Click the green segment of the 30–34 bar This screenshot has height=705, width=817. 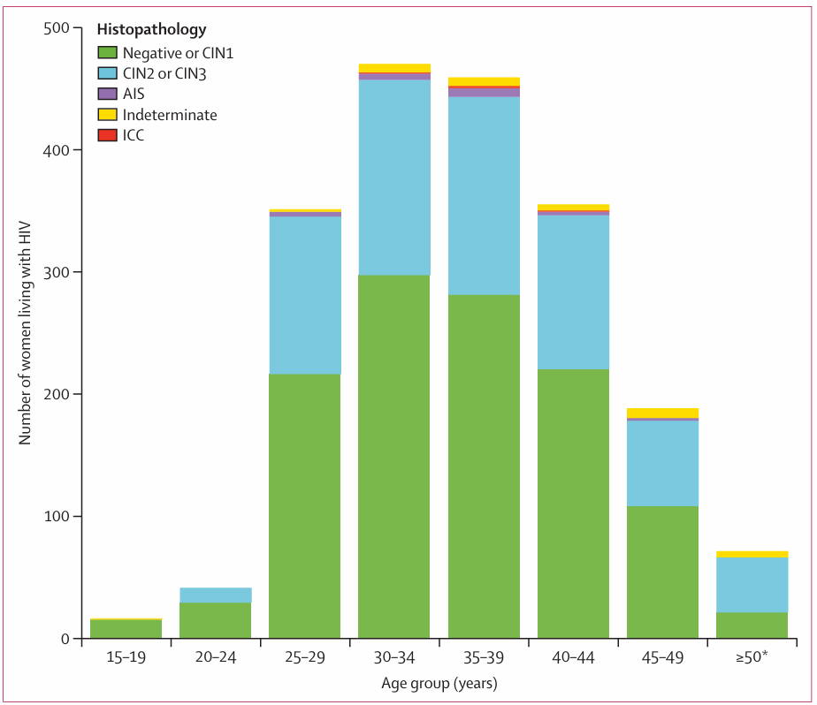click(x=393, y=456)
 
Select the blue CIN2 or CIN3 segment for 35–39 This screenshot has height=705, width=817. click(x=484, y=195)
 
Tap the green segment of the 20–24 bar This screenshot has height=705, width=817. click(x=215, y=620)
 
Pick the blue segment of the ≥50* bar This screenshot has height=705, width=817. click(x=752, y=585)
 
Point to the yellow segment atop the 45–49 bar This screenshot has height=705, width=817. click(x=662, y=413)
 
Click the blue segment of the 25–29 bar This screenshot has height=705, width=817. click(x=304, y=295)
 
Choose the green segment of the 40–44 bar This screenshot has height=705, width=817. click(x=573, y=504)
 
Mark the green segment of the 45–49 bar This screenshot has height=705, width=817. click(x=662, y=572)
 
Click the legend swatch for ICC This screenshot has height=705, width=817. click(x=107, y=135)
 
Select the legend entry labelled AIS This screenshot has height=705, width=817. click(x=134, y=94)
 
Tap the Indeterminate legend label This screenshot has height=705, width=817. click(x=170, y=115)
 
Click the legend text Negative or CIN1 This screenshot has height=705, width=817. click(x=178, y=53)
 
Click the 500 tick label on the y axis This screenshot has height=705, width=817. click(x=57, y=28)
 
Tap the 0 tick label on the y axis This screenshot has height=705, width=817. click(x=65, y=639)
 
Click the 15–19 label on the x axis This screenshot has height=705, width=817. click(x=126, y=658)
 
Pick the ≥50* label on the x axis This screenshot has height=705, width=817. click(x=752, y=658)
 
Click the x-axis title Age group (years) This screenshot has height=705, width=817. click(x=439, y=683)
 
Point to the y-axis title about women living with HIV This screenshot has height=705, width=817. click(x=26, y=333)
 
